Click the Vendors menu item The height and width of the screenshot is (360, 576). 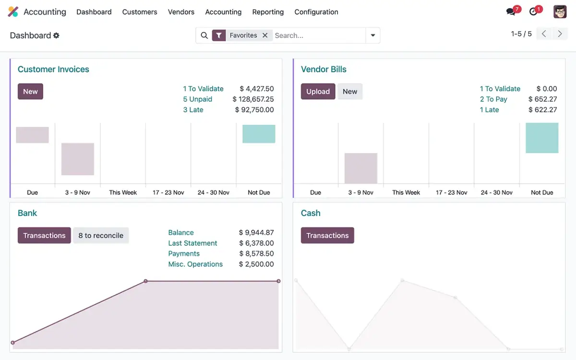point(181,12)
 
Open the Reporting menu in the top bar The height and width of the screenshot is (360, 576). point(268,12)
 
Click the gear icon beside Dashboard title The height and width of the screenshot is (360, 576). point(57,36)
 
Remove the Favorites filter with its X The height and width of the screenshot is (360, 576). point(265,36)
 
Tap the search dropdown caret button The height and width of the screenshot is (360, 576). point(373,36)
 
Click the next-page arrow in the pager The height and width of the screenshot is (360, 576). point(560,34)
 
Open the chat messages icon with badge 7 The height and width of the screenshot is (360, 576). point(511,12)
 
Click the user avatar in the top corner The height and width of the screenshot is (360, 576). point(560,12)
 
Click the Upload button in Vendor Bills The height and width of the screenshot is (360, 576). point(318,92)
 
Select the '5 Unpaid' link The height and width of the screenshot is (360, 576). point(197,99)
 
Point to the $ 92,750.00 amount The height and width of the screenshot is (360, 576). point(254,110)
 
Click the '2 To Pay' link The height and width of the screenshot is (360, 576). point(493,99)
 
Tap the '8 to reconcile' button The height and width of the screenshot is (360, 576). point(101,236)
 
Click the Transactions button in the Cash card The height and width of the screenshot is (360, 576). point(327,236)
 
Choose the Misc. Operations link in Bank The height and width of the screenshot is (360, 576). point(195,264)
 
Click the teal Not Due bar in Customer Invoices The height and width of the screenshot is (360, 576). point(259,134)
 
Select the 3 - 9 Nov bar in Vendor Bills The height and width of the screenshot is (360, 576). point(361,168)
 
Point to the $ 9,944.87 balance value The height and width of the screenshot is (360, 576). point(256,233)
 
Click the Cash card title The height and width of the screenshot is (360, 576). point(311,213)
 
